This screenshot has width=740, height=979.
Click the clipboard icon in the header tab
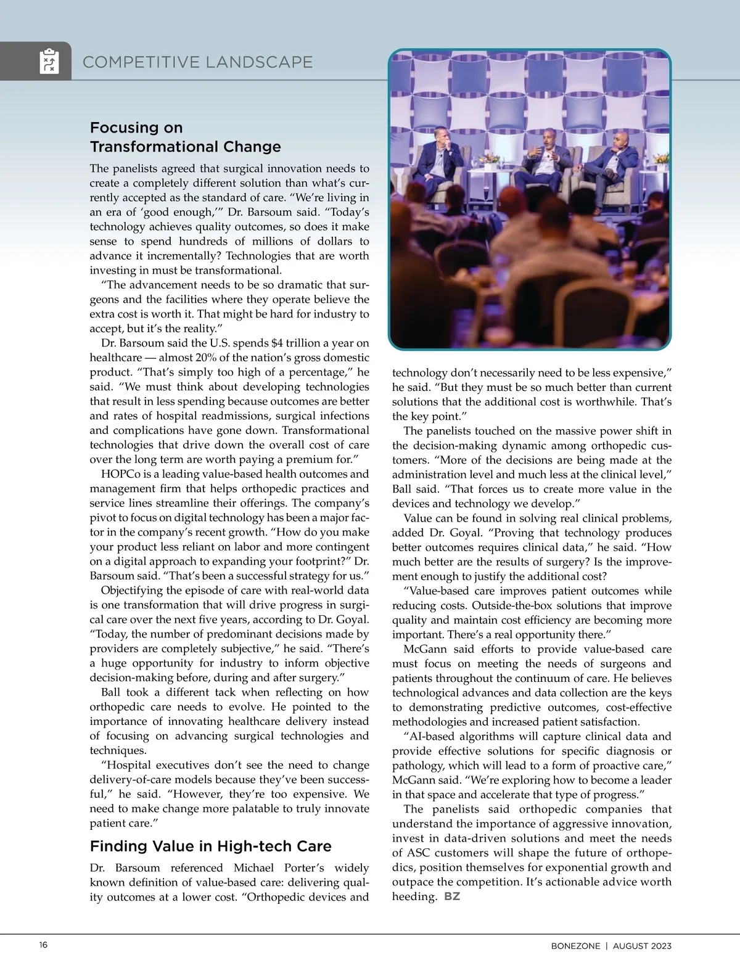click(x=49, y=61)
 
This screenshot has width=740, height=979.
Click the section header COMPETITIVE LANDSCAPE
click(x=197, y=62)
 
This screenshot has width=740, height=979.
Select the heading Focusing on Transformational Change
click(x=185, y=137)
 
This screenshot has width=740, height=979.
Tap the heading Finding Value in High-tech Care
click(x=211, y=846)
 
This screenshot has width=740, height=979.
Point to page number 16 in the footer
click(x=43, y=946)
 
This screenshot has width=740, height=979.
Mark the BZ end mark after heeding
click(x=452, y=896)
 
